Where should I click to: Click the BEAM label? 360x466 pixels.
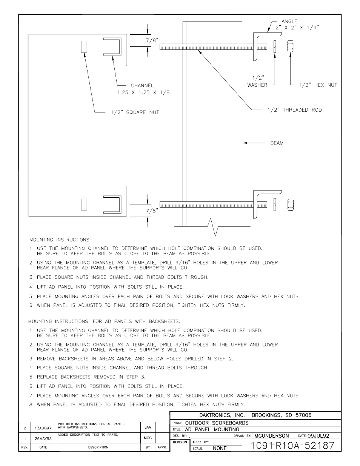[x=277, y=143]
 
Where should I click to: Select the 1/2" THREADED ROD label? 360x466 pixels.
[x=294, y=110]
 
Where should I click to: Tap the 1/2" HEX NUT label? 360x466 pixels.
[x=318, y=85]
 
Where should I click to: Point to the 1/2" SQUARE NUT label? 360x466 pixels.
[x=135, y=112]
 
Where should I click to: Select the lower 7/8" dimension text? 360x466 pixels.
[x=152, y=211]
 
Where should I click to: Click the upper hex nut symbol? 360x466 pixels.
[x=291, y=47]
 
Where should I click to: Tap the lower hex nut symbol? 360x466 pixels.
[x=291, y=205]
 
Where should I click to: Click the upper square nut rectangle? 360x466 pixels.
[x=84, y=47]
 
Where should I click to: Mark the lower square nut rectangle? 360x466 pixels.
[x=84, y=205]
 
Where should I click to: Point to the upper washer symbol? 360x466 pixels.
[x=275, y=47]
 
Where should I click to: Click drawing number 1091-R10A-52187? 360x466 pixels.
[x=292, y=445]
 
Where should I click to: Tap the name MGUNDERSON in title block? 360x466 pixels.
[x=271, y=435]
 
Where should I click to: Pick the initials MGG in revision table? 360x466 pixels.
[x=148, y=438]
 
